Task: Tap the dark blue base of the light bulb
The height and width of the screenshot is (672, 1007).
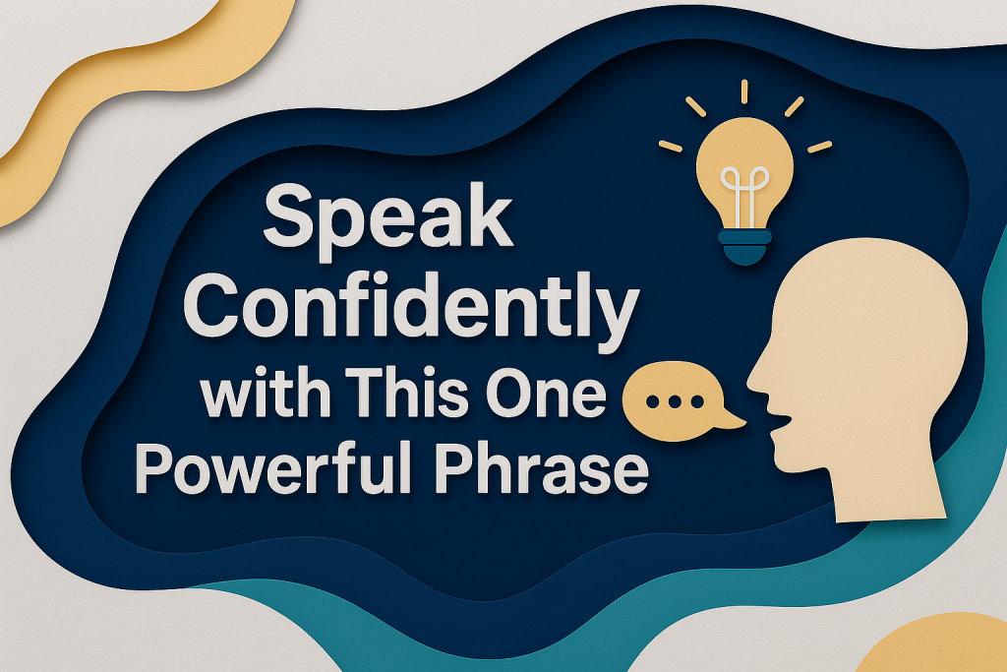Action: pos(744,247)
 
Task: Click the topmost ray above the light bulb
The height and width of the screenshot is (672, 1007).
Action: pos(744,91)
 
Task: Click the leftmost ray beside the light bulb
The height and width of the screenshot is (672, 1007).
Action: pos(670,146)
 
